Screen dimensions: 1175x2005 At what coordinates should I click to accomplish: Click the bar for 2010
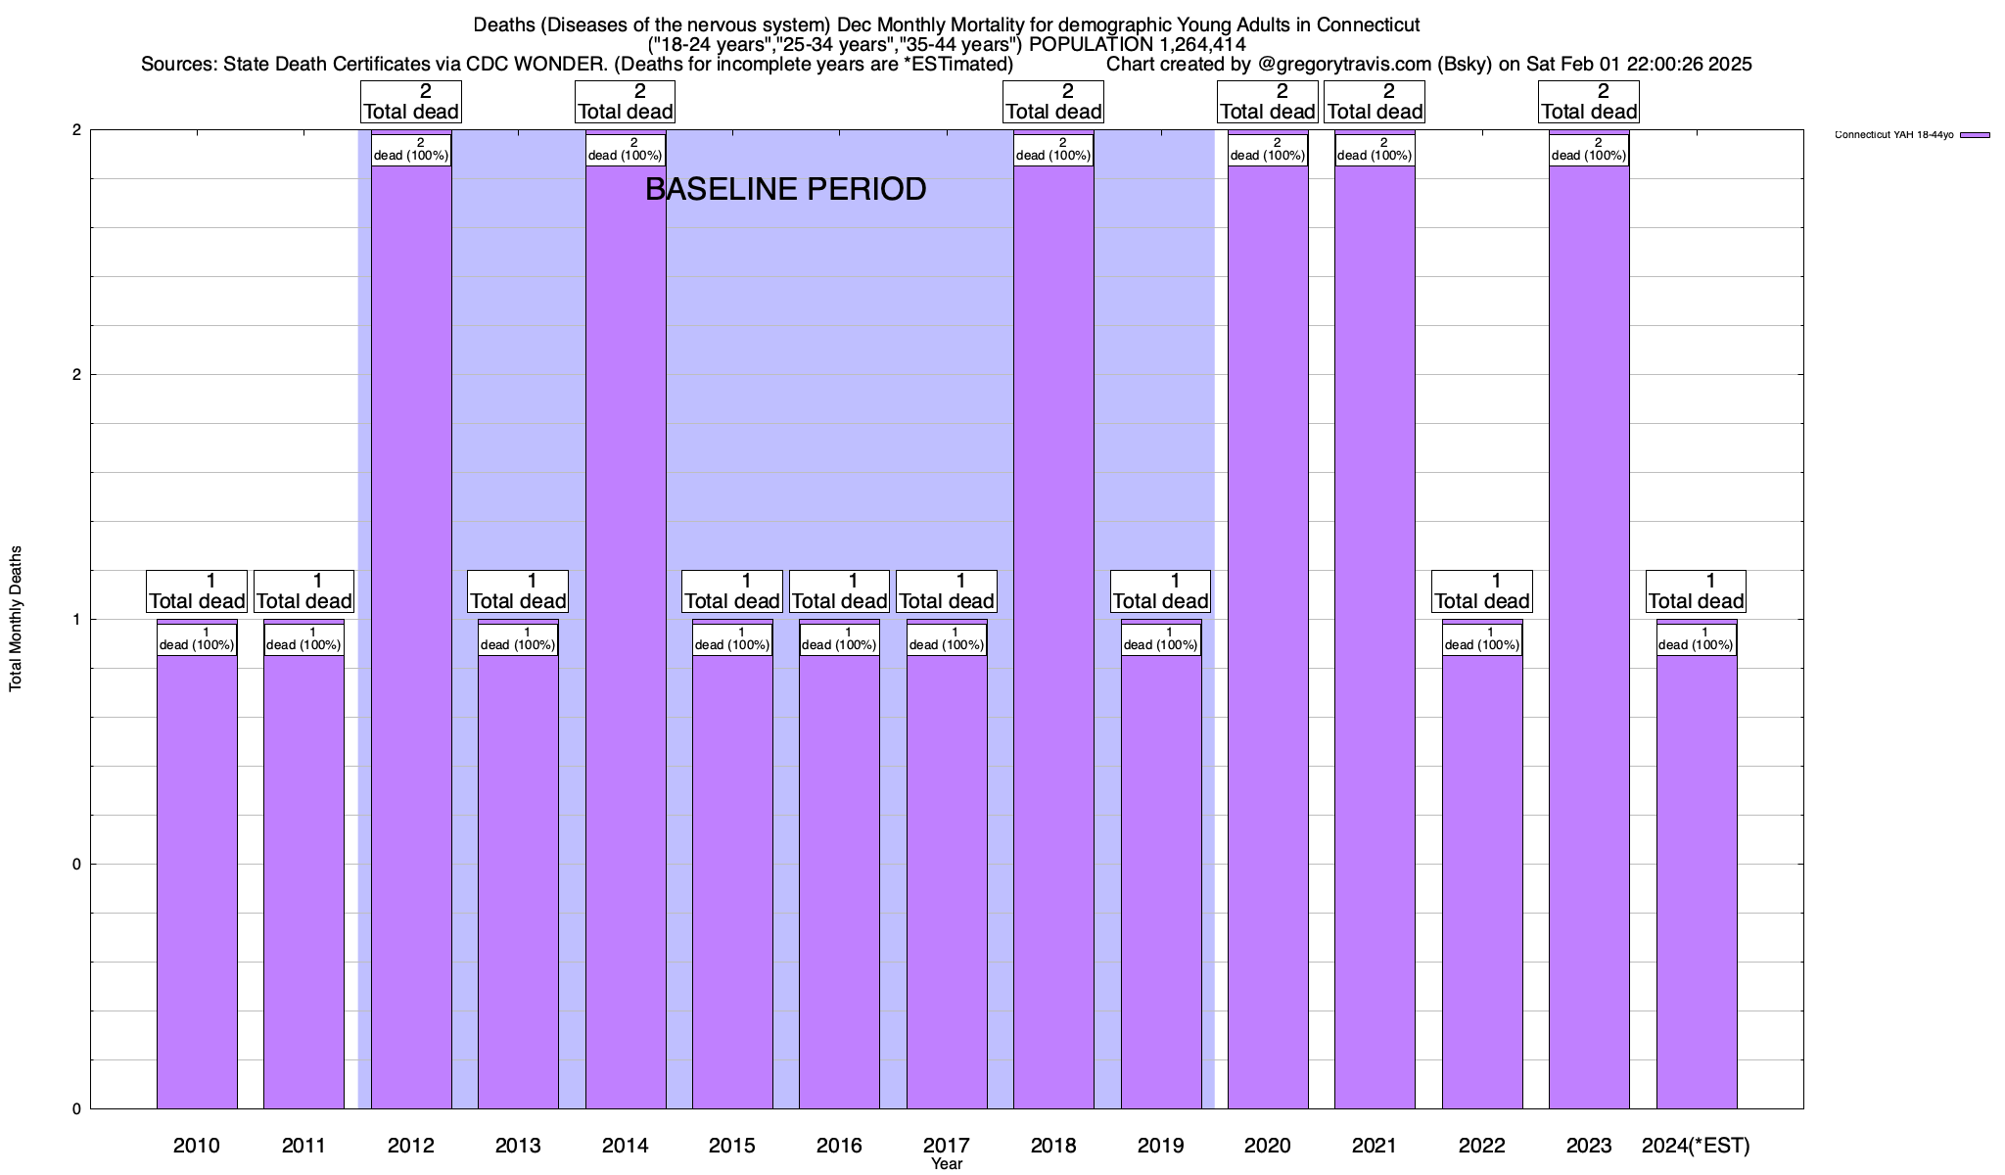(197, 881)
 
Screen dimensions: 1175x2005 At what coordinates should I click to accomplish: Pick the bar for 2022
(1482, 881)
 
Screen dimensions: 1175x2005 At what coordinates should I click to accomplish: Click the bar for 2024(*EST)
(1697, 881)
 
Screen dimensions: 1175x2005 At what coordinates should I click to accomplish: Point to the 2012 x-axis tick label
(411, 1145)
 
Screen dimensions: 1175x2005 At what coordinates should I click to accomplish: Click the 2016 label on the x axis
(839, 1145)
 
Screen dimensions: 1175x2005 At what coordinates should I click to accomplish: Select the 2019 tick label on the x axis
(1161, 1145)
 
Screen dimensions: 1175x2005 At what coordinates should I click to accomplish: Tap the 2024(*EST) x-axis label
(1696, 1145)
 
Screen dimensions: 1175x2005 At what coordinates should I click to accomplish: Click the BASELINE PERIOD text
(785, 189)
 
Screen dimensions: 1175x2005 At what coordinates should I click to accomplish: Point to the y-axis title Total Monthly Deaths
(16, 619)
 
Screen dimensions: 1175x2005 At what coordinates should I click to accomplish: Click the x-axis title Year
(947, 1164)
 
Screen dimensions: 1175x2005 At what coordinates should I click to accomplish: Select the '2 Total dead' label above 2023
(1589, 102)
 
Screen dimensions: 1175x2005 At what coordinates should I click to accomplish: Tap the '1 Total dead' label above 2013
(518, 591)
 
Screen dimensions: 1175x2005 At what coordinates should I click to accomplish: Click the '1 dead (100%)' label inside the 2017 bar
(947, 639)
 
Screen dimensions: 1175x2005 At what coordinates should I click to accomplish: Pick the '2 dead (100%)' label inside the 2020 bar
(1268, 150)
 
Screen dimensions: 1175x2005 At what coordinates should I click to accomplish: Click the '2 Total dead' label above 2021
(1375, 102)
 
